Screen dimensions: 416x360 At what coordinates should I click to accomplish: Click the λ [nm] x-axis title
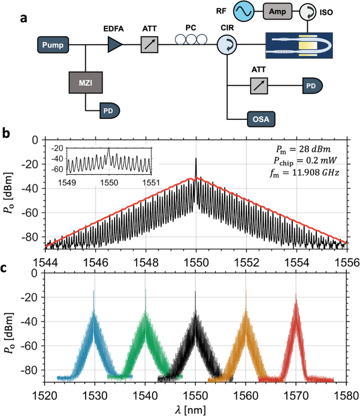[x=194, y=410]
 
